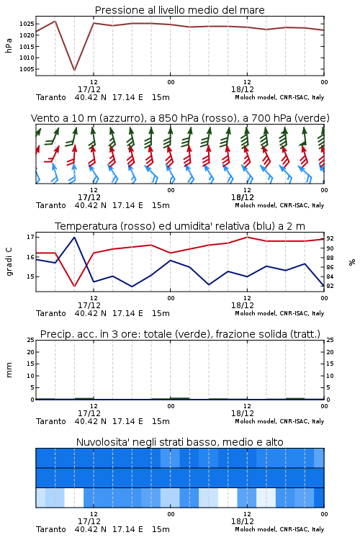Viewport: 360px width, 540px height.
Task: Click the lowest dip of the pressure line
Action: pyautogui.click(x=74, y=71)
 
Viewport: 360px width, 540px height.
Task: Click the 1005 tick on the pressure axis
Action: pyautogui.click(x=26, y=69)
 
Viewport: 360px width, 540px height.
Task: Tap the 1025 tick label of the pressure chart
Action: pyautogui.click(x=26, y=24)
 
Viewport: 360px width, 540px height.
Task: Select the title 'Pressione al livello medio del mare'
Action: pyautogui.click(x=180, y=10)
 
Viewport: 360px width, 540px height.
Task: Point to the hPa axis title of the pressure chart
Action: pyautogui.click(x=9, y=45)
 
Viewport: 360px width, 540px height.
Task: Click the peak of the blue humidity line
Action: pyautogui.click(x=74, y=238)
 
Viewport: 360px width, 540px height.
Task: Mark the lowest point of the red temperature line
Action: pyautogui.click(x=74, y=286)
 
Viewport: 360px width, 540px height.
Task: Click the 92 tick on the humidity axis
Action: pyautogui.click(x=330, y=238)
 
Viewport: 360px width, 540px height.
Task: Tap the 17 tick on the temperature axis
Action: pyautogui.click(x=30, y=237)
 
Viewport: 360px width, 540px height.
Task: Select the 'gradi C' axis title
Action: pyautogui.click(x=9, y=262)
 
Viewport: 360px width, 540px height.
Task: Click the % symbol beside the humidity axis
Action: pyautogui.click(x=352, y=262)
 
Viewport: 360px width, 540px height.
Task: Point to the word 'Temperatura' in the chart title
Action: pyautogui.click(x=86, y=226)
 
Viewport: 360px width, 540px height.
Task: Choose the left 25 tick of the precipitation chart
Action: pyautogui.click(x=30, y=340)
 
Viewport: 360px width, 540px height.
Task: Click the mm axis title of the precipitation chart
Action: pyautogui.click(x=9, y=370)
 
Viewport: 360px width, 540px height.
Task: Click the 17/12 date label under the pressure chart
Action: pyautogui.click(x=89, y=89)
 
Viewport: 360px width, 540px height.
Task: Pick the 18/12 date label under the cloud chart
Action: pyautogui.click(x=243, y=521)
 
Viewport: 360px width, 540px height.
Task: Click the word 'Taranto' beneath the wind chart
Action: pyautogui.click(x=51, y=205)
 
